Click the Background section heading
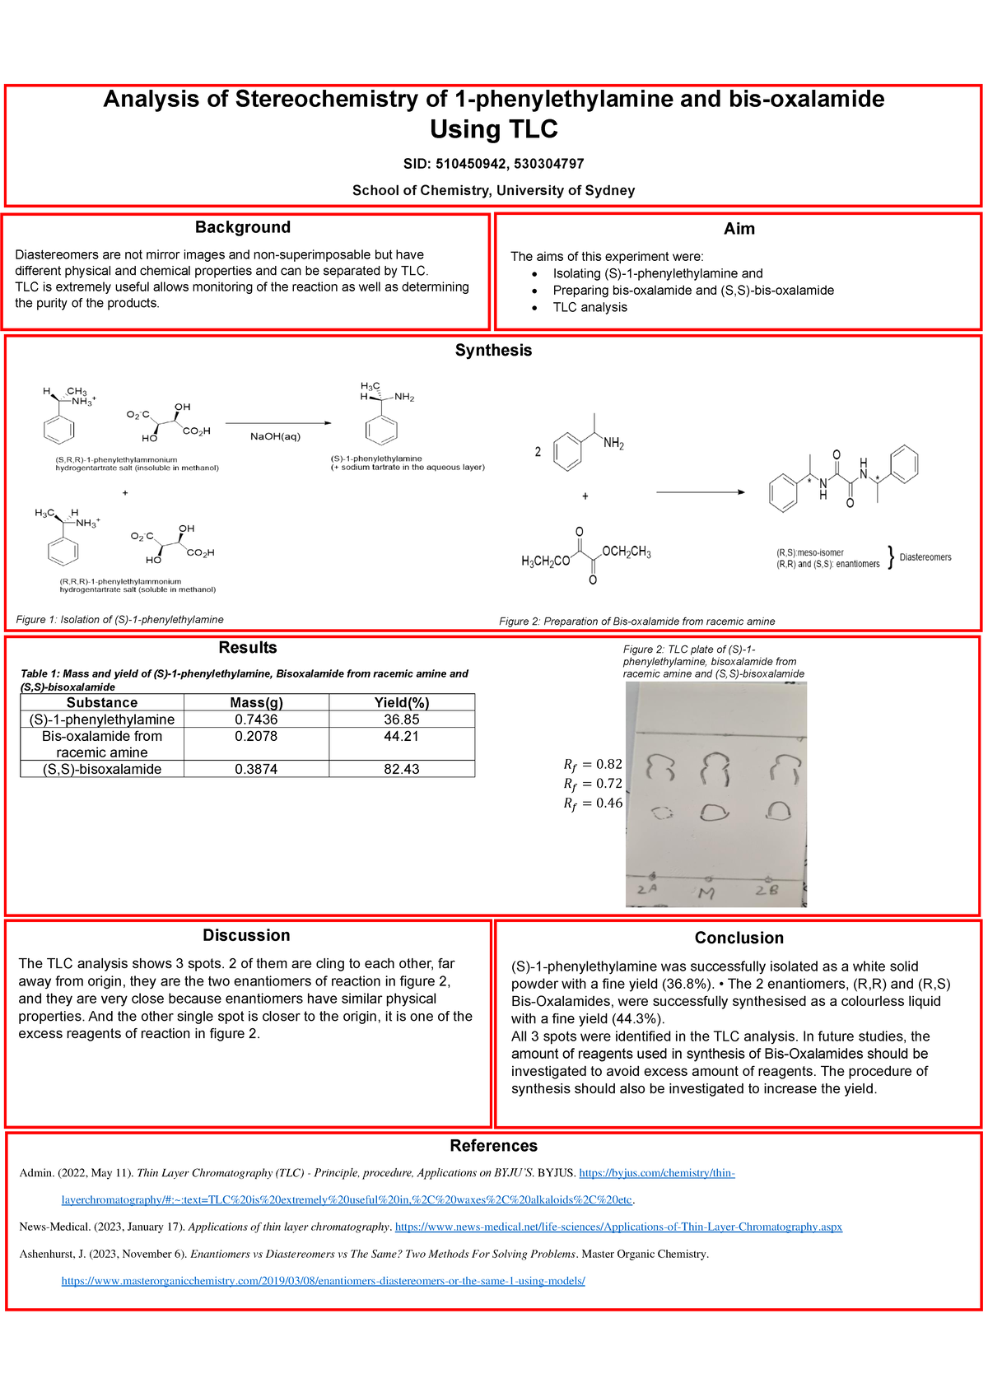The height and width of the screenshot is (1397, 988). pos(243,227)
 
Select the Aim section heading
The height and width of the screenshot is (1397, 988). pos(739,229)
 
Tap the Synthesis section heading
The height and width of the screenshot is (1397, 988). pos(493,350)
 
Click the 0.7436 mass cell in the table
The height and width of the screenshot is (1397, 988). pos(256,719)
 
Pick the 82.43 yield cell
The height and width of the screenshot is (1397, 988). pos(401,769)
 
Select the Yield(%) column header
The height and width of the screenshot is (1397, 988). pos(401,702)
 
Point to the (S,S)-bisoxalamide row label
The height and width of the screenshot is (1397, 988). pos(102,769)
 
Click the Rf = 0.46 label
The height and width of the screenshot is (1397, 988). pos(593,803)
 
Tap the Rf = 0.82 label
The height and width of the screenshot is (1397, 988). pos(593,764)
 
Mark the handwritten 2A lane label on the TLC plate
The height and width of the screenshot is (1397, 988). pos(647,889)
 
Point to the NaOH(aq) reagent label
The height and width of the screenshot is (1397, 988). pos(276,437)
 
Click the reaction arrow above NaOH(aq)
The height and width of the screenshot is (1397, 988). pos(277,423)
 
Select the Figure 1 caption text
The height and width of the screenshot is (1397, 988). pos(120,619)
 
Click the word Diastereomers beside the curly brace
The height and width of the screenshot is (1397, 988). pos(925,557)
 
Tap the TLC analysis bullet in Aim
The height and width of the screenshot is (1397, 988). pos(590,307)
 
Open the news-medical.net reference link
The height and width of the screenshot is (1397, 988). pos(618,1227)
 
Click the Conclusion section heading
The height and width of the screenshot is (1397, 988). pos(739,938)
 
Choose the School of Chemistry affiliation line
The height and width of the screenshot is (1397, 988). pos(493,190)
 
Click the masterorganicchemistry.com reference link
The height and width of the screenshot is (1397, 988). pos(324,1281)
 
